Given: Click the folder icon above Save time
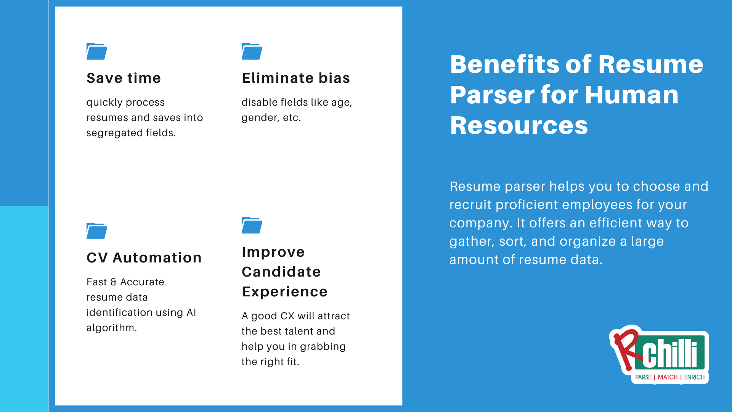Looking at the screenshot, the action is (x=96, y=51).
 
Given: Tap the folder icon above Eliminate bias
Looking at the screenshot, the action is (x=252, y=51).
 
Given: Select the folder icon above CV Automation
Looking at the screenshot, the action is (x=96, y=231).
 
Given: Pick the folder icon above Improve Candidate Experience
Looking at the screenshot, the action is (x=252, y=225).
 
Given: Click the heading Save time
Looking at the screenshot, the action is (x=124, y=78).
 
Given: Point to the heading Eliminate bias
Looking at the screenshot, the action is (x=295, y=78).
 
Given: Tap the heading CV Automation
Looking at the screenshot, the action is (x=144, y=258).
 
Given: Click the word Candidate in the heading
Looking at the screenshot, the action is (x=281, y=272).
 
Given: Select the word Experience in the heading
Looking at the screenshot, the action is (x=284, y=292).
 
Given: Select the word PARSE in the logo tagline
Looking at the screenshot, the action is (x=643, y=377).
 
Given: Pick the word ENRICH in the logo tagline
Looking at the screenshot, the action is (x=694, y=377).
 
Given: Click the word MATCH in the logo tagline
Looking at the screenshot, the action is (x=668, y=377).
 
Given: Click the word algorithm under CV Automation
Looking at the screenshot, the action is (x=111, y=328).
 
